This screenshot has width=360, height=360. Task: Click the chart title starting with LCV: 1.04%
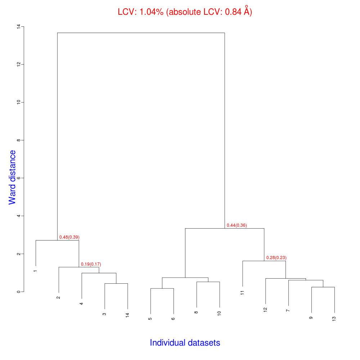pyautogui.click(x=185, y=12)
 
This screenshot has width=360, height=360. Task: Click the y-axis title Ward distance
pyautogui.click(x=13, y=177)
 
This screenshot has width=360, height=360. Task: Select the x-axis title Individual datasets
pyautogui.click(x=185, y=343)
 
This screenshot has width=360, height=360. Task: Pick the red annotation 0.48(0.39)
pyautogui.click(x=69, y=237)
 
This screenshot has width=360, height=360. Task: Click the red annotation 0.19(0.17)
pyautogui.click(x=91, y=264)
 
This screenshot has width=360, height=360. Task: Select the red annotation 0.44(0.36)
pyautogui.click(x=237, y=225)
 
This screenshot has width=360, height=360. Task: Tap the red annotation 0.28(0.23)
pyautogui.click(x=276, y=258)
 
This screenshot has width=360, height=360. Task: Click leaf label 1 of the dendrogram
pyautogui.click(x=35, y=271)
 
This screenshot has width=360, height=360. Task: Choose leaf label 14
pyautogui.click(x=127, y=315)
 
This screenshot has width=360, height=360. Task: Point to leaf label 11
pyautogui.click(x=243, y=292)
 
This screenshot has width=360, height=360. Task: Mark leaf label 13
pyautogui.click(x=334, y=319)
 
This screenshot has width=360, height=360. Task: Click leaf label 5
pyautogui.click(x=150, y=319)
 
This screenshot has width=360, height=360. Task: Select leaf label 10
pyautogui.click(x=220, y=313)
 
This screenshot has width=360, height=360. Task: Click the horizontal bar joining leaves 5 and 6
pyautogui.click(x=162, y=288)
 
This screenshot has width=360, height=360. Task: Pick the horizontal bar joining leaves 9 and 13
pyautogui.click(x=323, y=287)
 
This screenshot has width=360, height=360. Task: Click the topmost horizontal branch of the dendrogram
pyautogui.click(x=141, y=33)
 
